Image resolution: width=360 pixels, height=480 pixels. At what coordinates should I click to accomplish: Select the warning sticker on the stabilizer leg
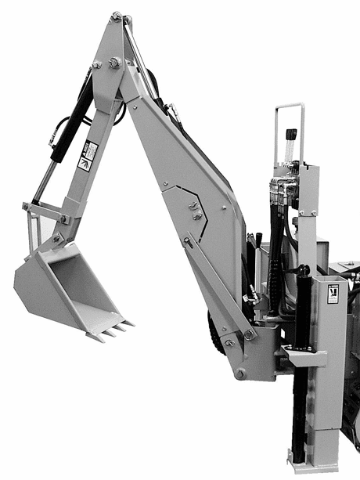click(x=333, y=292)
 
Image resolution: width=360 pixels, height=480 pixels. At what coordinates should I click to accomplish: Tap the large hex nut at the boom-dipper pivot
click(x=114, y=63)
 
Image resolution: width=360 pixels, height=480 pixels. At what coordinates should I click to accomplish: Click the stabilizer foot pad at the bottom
click(x=313, y=467)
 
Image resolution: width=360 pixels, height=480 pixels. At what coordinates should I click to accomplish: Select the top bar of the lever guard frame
click(x=289, y=106)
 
